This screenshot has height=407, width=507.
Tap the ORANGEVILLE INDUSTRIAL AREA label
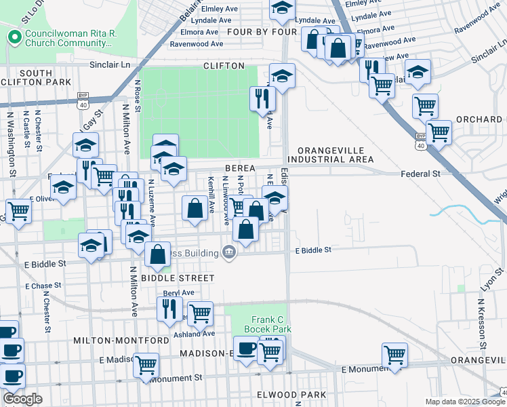335,155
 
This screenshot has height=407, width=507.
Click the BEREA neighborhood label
240,168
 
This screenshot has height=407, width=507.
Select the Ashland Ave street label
197,333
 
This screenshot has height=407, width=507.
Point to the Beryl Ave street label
178,292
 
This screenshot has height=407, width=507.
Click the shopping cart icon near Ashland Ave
201,313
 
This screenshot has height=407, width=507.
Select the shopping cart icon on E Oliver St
18,210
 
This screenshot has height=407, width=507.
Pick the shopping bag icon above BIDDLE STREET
157,255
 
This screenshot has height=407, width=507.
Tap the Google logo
22,399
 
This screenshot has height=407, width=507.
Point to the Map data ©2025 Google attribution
465,402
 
